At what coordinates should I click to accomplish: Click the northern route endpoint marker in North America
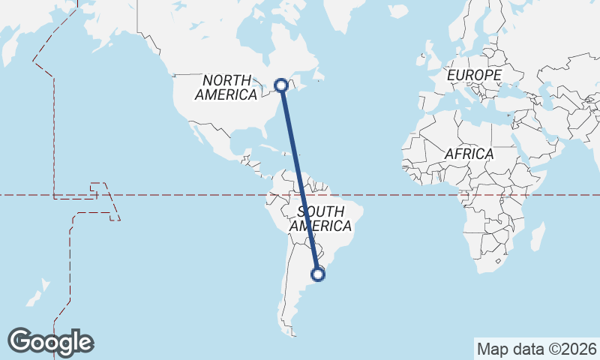281,85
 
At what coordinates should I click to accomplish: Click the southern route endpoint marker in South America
319,274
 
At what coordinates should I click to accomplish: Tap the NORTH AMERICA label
226,87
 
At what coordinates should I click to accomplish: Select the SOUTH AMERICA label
320,218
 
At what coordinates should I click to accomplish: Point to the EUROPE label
473,76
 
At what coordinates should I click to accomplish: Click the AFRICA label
469,154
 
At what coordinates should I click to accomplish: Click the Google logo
50,342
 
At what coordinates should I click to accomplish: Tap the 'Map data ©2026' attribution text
536,349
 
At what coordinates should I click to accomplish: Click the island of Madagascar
537,236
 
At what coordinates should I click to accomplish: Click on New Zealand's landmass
37,292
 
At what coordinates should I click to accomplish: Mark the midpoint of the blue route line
300,180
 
